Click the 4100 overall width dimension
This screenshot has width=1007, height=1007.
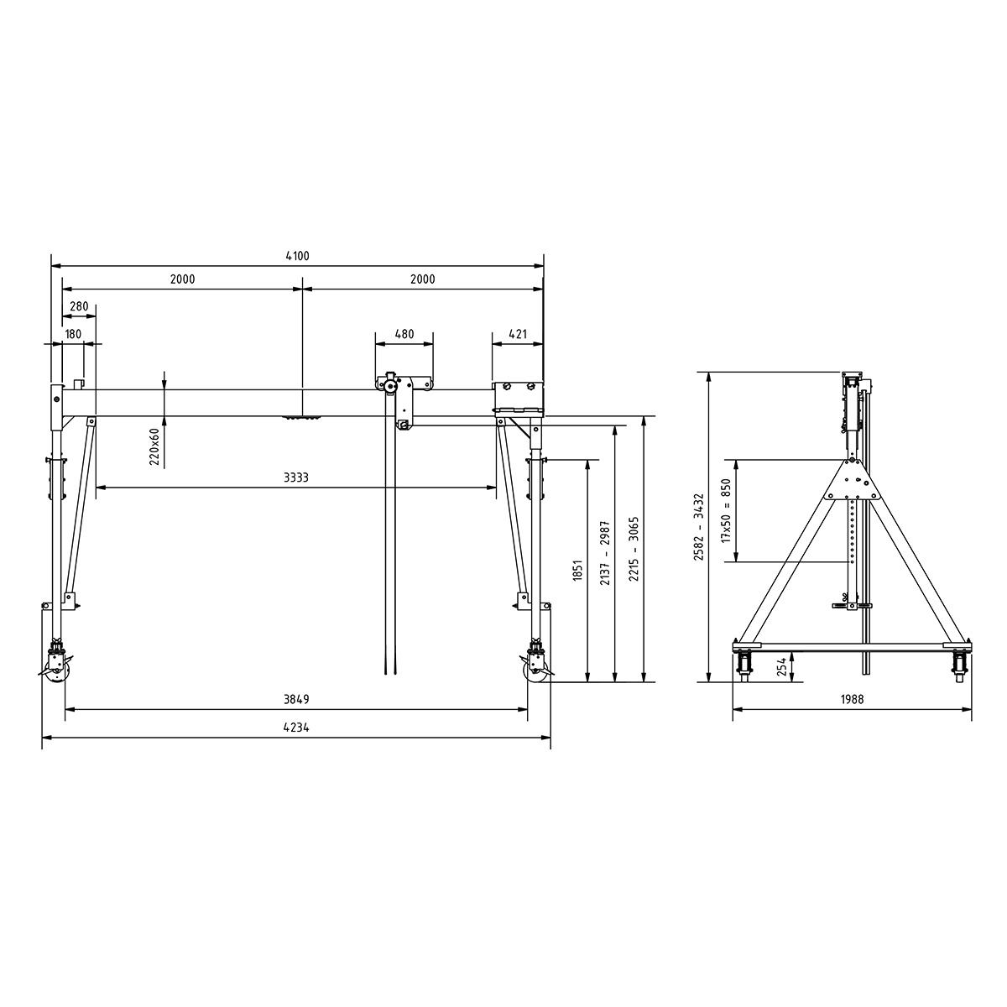pos(297,257)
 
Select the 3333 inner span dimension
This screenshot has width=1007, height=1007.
pos(295,477)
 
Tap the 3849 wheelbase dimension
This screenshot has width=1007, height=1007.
pos(296,699)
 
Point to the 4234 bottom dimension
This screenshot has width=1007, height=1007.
pos(296,728)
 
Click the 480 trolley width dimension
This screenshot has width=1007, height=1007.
pos(404,334)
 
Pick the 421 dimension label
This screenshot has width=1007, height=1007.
pos(518,334)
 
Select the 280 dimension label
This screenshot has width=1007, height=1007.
pos(79,307)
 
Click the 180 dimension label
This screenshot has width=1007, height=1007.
pos(73,334)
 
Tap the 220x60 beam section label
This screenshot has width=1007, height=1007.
pos(154,446)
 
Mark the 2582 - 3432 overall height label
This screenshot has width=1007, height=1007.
pos(697,526)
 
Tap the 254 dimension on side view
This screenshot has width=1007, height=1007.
pos(781,667)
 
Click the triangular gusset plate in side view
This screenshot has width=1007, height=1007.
pos(853,483)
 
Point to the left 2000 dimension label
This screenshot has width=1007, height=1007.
pos(182,279)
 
